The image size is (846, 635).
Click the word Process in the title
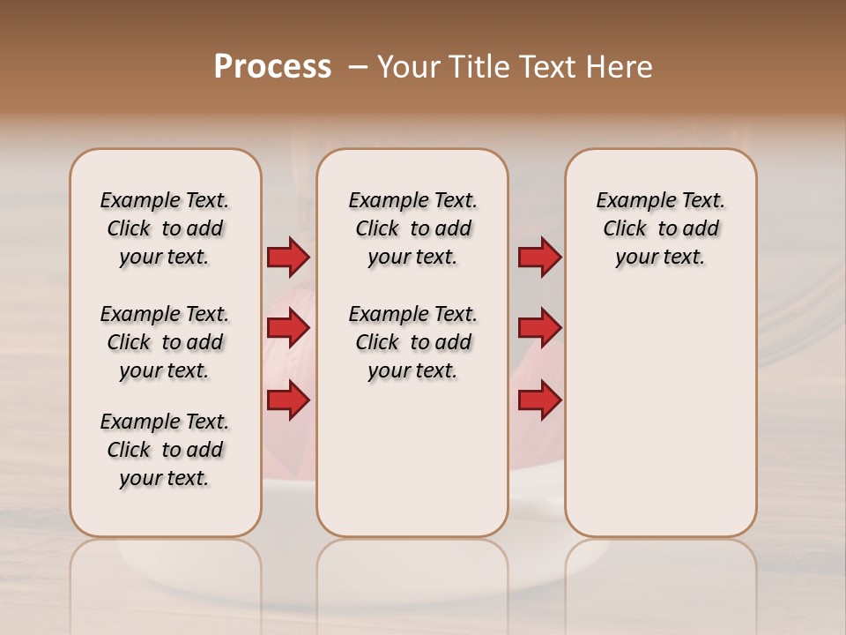point(272,66)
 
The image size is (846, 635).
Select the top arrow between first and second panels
point(288,257)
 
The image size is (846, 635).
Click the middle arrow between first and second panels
point(288,328)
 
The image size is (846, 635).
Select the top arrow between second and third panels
point(539,257)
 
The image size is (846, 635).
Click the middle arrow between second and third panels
point(539,328)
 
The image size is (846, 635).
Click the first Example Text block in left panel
point(165,228)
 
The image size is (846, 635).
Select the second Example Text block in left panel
point(165,342)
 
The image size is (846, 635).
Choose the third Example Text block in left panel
point(165,450)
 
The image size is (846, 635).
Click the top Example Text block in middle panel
point(412,228)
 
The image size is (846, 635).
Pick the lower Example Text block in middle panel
point(412,342)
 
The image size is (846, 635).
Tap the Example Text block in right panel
point(660,228)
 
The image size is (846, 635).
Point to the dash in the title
point(358,67)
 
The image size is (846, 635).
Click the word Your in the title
point(407,67)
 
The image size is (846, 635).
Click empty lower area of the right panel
point(660,423)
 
